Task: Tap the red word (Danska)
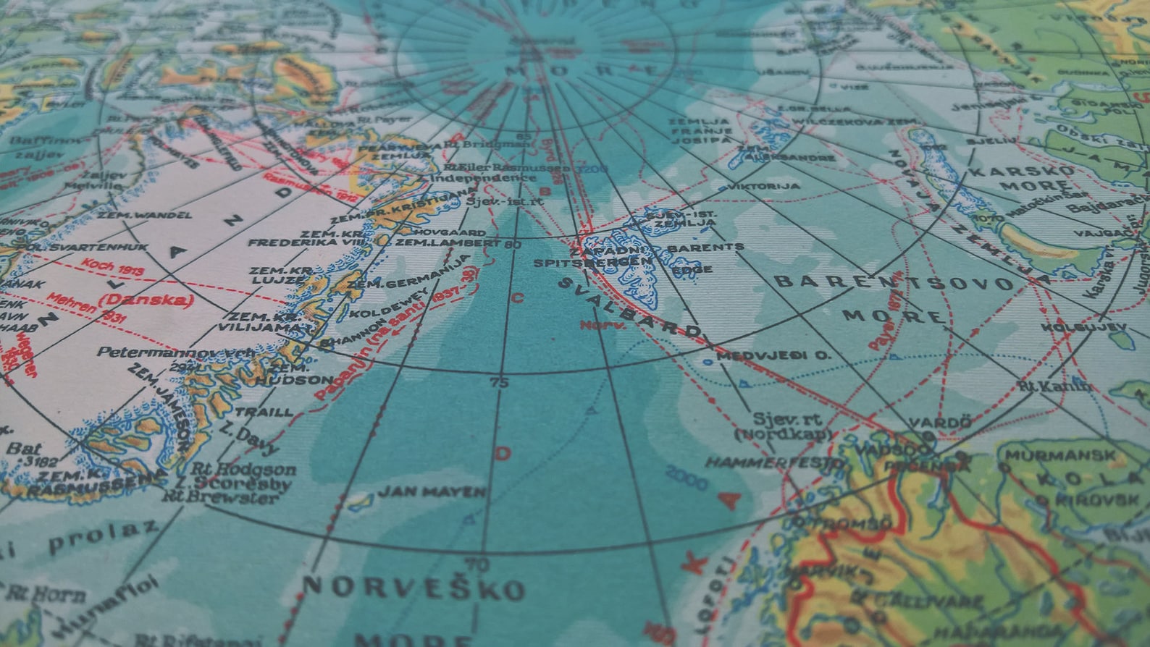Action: (x=148, y=300)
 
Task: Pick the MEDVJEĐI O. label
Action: (x=773, y=355)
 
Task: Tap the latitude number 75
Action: (x=500, y=383)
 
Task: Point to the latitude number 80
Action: (x=513, y=244)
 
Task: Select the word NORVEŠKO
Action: (x=414, y=588)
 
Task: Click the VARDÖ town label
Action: (x=929, y=422)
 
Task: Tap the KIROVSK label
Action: (x=1096, y=499)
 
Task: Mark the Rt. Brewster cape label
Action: (x=219, y=497)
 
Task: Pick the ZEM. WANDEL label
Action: (x=144, y=215)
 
